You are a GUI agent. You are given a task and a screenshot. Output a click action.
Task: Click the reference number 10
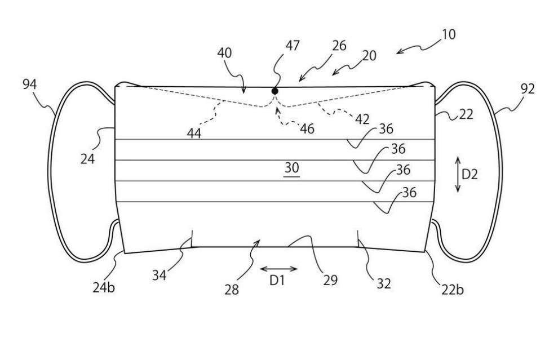pos(449,35)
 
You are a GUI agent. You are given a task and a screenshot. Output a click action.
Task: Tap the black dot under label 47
pos(275,91)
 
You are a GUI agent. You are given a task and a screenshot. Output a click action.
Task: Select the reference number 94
pos(30,85)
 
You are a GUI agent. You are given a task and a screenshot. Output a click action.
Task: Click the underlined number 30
pos(292,168)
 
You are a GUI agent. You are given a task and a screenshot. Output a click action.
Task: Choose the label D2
pos(470,175)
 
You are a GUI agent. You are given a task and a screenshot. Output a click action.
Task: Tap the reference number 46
pos(307,129)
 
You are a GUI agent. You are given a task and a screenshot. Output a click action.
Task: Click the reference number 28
pos(232,290)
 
